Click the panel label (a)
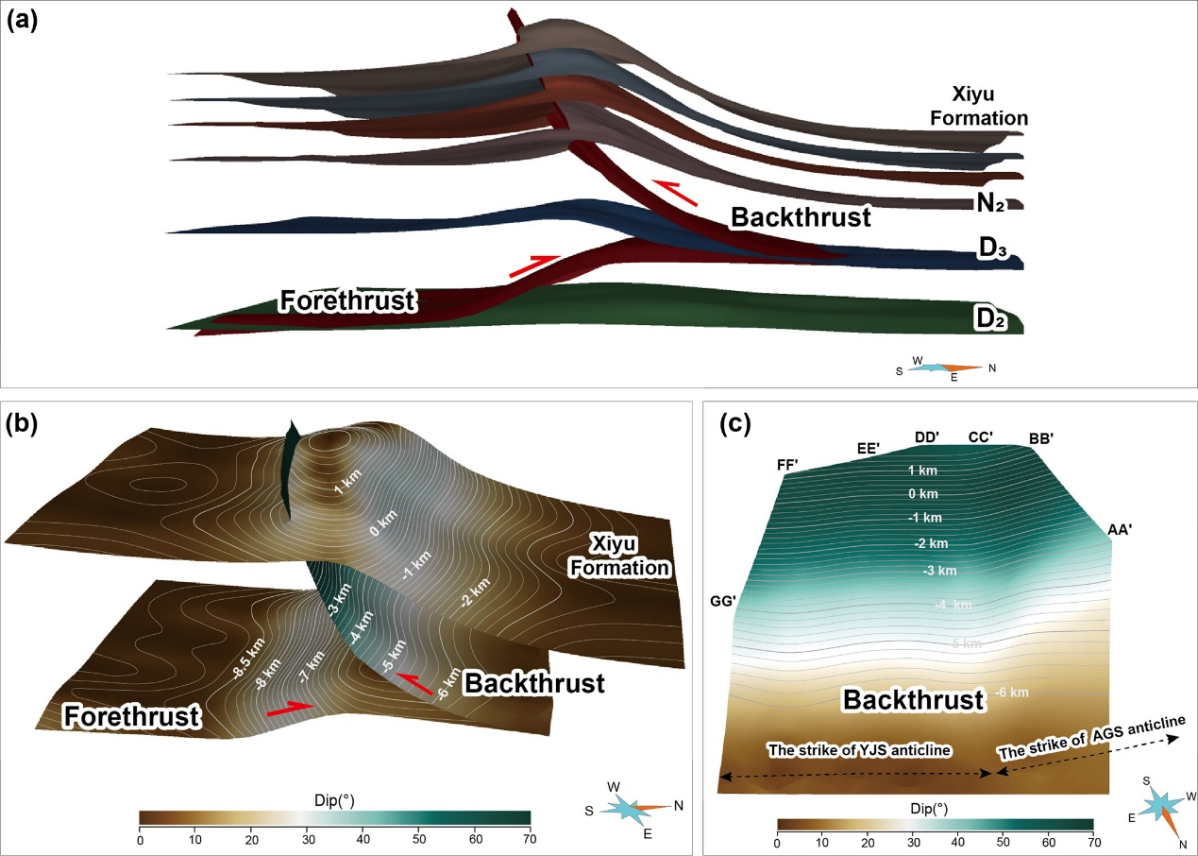click(x=22, y=21)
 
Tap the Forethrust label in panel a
click(x=347, y=301)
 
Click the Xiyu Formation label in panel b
click(x=629, y=556)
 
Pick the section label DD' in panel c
click(x=926, y=437)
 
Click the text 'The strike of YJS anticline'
click(x=858, y=750)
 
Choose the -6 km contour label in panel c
click(x=1013, y=693)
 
